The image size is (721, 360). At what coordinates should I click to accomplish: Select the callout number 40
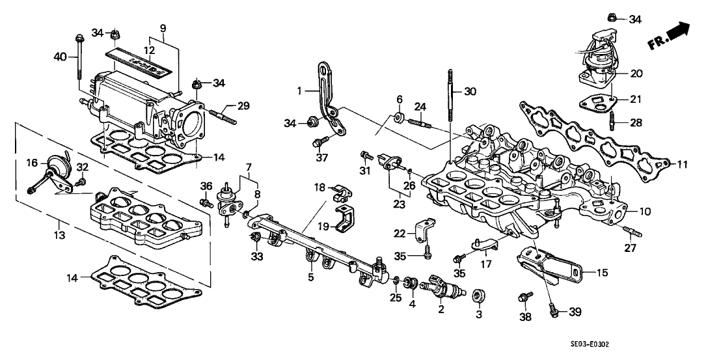[x=60, y=57]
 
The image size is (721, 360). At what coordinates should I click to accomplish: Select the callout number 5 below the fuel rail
[x=311, y=277]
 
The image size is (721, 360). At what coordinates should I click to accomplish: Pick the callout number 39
[x=574, y=313]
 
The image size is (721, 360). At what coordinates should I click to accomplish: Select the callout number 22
[x=400, y=234]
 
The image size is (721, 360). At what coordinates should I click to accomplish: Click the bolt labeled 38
[x=522, y=299]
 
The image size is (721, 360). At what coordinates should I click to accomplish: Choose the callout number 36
[x=206, y=187]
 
